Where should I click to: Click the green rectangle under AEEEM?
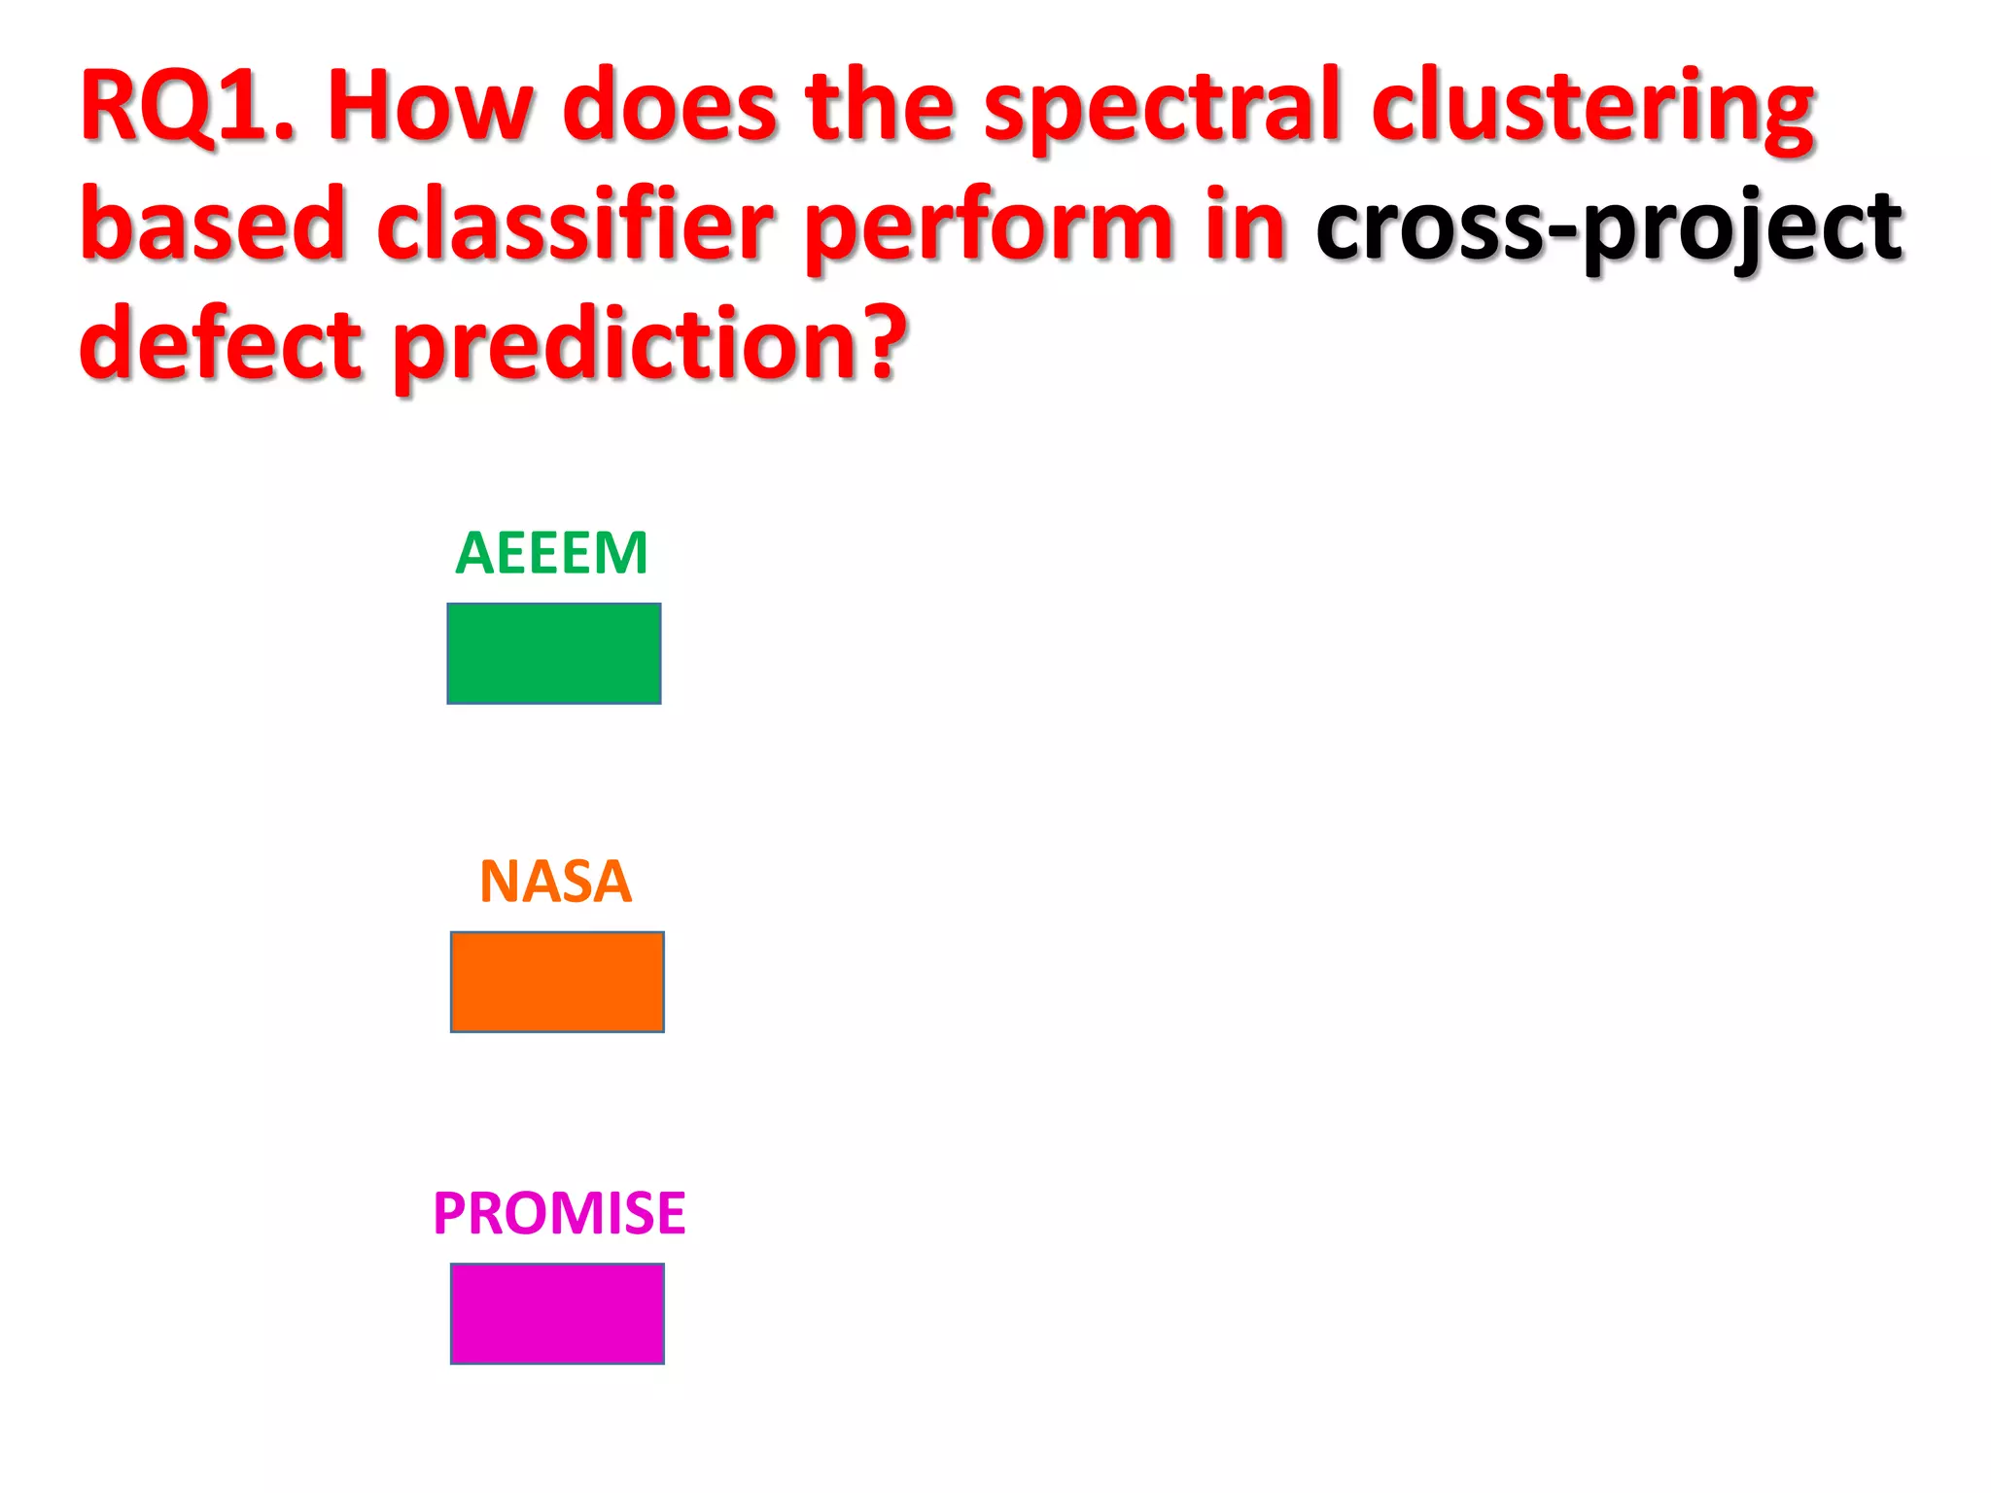click(554, 653)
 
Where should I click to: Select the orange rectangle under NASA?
click(557, 982)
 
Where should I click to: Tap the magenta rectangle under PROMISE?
click(557, 1313)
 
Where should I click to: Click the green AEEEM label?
click(551, 553)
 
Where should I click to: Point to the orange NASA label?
click(556, 882)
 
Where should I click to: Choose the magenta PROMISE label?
click(559, 1213)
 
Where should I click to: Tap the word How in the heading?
click(430, 107)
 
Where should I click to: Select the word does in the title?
click(670, 107)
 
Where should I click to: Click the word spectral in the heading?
click(1163, 109)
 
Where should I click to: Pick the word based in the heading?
click(213, 226)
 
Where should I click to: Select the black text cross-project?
click(1609, 229)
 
